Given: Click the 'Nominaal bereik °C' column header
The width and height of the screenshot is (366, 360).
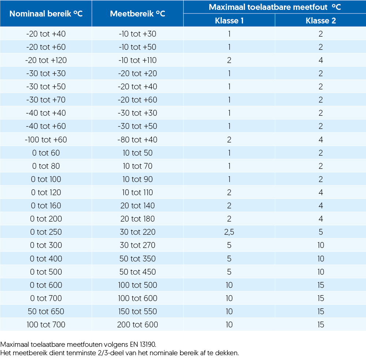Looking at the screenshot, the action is tap(46, 14).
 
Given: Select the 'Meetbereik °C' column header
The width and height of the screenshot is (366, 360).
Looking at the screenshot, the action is tap(138, 14).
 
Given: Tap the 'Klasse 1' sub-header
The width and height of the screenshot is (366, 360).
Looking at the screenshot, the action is tap(229, 21).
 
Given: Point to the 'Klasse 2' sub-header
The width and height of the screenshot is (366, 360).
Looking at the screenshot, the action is tap(321, 21).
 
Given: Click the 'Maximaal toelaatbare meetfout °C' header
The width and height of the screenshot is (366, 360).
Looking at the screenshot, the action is tap(275, 7).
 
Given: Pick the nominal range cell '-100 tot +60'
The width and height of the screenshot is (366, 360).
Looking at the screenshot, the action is tap(46, 140).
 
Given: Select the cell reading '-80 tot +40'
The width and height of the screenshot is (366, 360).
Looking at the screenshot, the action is tap(138, 140).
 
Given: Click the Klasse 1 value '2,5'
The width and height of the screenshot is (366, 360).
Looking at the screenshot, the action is tap(229, 232).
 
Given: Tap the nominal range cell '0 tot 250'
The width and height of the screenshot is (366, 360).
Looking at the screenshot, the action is tap(46, 232).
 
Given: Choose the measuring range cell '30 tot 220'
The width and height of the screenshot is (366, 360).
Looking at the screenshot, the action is tap(138, 232).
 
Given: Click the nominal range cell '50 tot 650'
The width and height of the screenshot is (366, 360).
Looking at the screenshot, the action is tap(46, 311).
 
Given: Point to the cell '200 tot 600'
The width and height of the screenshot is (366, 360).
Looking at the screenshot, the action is tap(138, 324).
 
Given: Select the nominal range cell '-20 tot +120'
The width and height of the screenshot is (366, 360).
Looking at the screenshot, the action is tap(46, 60).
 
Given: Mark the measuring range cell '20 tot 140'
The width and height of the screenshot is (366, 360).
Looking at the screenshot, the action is tap(138, 205).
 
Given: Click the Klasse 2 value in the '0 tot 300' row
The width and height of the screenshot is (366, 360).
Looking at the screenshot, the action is tap(321, 245).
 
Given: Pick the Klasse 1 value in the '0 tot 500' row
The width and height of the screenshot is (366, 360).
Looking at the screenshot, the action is tap(229, 272).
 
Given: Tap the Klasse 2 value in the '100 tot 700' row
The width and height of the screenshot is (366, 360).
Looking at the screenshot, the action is tap(321, 324).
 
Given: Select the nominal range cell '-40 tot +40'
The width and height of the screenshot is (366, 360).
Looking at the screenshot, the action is tap(46, 113).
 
